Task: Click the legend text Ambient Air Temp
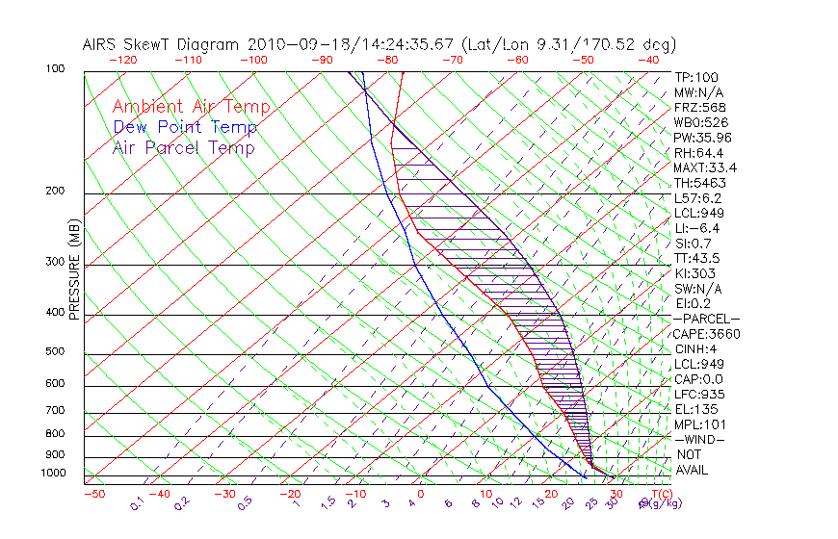191,107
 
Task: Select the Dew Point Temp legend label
184,127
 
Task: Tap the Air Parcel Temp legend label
183,147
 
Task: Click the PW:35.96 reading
703,138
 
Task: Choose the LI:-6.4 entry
696,228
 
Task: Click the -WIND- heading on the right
700,439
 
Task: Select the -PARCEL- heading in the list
706,319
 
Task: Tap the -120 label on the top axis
122,59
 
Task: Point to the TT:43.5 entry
697,258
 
